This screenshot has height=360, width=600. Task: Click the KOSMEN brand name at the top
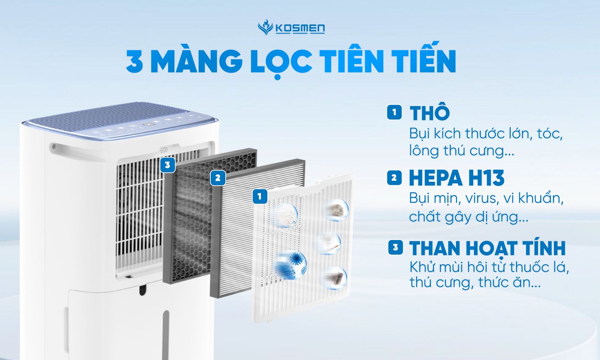[x=300, y=28]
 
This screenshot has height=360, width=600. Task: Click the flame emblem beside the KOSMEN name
[x=265, y=28]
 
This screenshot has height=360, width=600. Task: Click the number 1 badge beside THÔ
[x=394, y=112]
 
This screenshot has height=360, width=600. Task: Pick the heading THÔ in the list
[x=430, y=113]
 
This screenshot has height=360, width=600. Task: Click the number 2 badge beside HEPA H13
[x=394, y=178]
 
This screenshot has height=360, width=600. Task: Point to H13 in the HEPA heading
[x=486, y=178]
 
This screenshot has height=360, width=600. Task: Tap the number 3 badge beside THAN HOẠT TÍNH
[x=395, y=248]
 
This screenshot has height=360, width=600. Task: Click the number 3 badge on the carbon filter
[x=168, y=165]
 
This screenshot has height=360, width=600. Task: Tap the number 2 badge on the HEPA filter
[x=218, y=178]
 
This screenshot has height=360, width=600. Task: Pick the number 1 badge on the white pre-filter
[x=259, y=196]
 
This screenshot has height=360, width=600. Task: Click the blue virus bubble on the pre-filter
[x=292, y=264]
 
